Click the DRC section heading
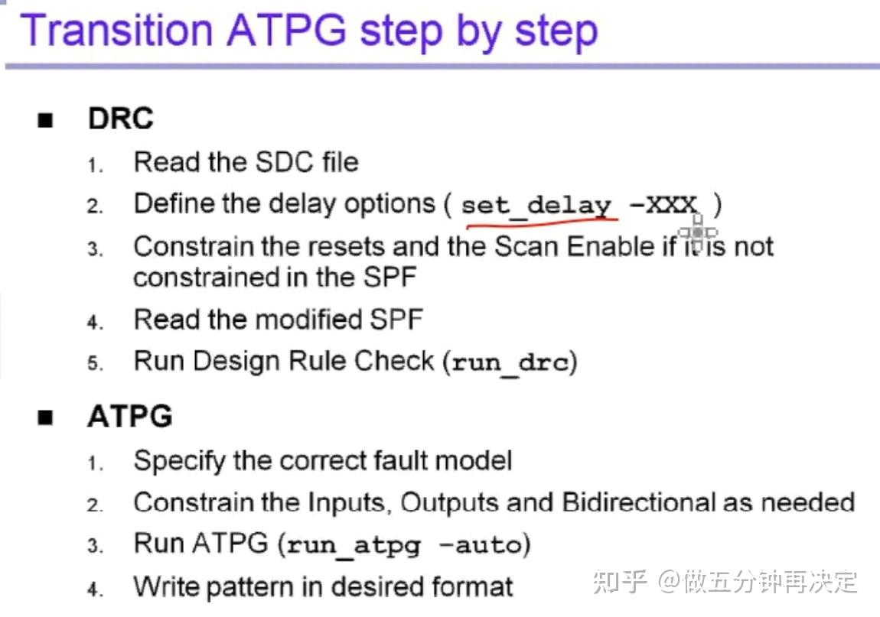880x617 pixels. [x=120, y=119]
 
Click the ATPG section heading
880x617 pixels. [x=129, y=416]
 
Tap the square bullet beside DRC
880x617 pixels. [x=46, y=120]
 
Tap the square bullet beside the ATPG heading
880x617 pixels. [x=46, y=417]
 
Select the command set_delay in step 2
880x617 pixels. [x=536, y=205]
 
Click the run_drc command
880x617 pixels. [x=511, y=362]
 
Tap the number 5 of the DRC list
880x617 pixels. [x=94, y=363]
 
